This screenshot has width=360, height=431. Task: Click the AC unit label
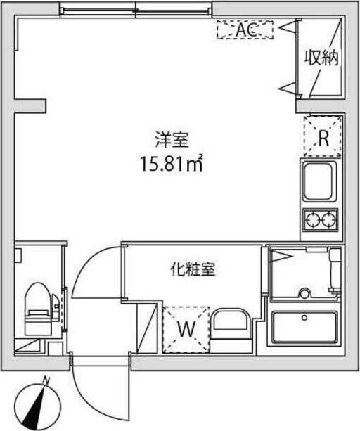244,30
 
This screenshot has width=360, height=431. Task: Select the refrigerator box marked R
323,137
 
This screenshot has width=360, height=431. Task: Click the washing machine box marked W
186,328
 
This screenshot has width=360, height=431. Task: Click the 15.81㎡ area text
172,166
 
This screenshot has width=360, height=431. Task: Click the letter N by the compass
46,380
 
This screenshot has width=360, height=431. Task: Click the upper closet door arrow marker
288,27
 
